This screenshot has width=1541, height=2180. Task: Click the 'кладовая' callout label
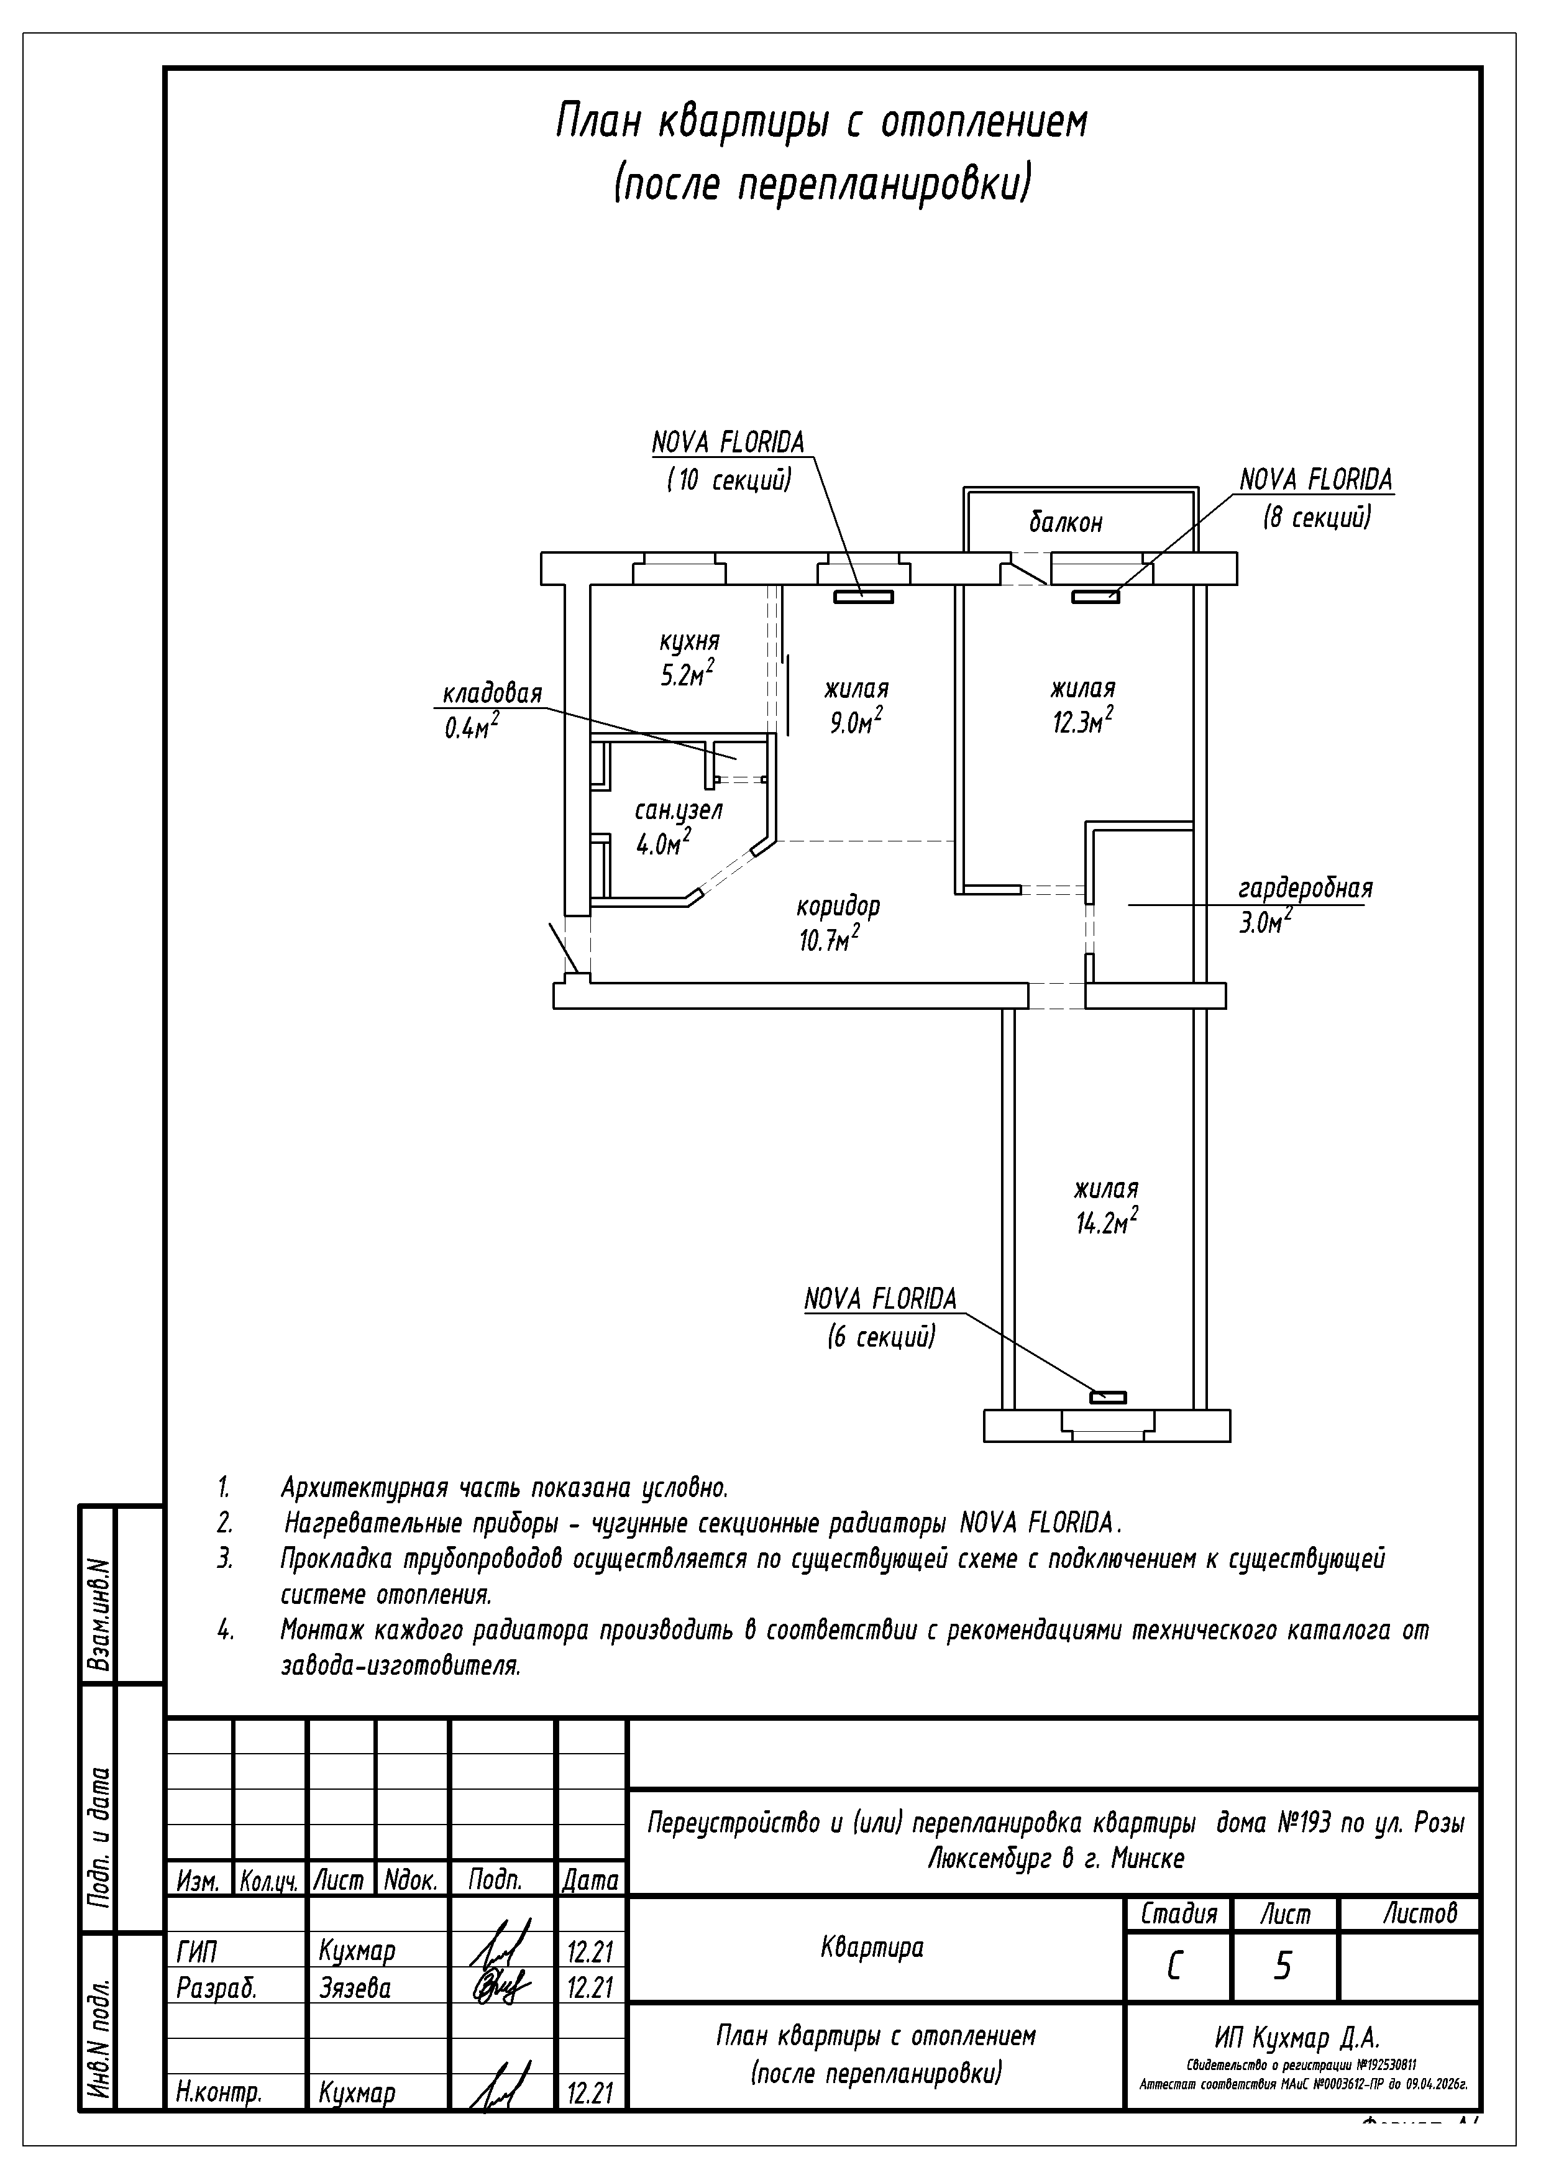click(492, 693)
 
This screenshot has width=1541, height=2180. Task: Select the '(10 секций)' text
click(729, 480)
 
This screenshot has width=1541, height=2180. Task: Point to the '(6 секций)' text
click(881, 1337)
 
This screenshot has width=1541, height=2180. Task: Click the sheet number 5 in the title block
click(1282, 1966)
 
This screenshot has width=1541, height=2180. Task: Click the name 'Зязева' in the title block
click(355, 1987)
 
